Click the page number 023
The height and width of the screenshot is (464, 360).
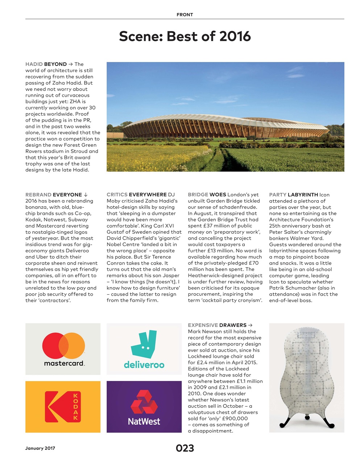click(185, 448)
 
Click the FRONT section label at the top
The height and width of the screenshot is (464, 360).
click(185, 15)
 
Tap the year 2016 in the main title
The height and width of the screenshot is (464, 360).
click(235, 36)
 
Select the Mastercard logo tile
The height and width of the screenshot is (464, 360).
click(63, 349)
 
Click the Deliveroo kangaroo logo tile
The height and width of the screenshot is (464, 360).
click(144, 349)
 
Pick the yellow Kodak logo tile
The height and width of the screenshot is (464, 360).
click(63, 406)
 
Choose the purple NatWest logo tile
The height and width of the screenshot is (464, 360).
click(144, 406)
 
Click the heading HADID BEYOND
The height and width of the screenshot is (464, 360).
click(46, 64)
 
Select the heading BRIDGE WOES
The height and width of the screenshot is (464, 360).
click(207, 195)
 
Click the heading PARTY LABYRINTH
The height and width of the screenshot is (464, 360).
click(294, 195)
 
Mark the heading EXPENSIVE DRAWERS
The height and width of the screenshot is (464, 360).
click(217, 325)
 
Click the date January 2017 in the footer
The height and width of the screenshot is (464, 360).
click(40, 448)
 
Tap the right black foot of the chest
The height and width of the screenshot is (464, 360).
click(328, 422)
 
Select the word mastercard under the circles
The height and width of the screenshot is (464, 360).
click(64, 363)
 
